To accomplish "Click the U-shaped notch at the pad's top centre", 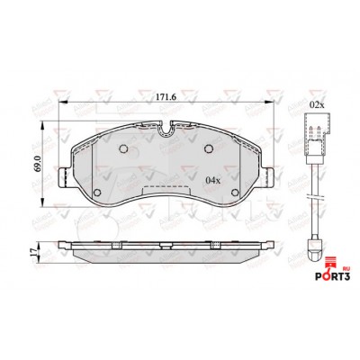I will (165, 129).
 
